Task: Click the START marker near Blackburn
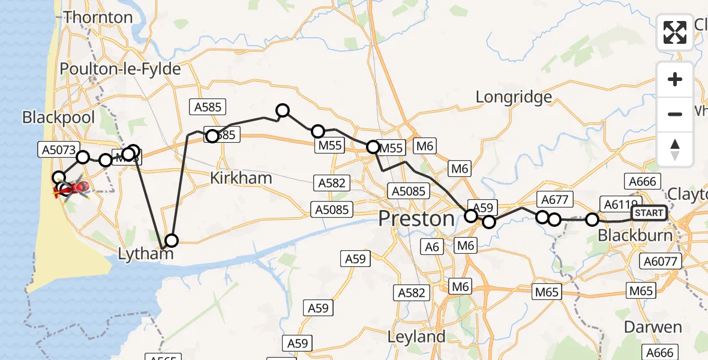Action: [649, 213]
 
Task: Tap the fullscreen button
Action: [675, 32]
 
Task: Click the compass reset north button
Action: [675, 149]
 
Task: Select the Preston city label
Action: [416, 219]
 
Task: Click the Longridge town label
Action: [513, 97]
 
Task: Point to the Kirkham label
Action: [241, 178]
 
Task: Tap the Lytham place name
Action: [146, 254]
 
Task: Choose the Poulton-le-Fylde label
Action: [120, 70]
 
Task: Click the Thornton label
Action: [98, 17]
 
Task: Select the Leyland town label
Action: [416, 337]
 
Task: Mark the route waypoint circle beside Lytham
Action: [172, 241]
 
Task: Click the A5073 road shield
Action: [59, 151]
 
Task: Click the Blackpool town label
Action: [59, 117]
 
